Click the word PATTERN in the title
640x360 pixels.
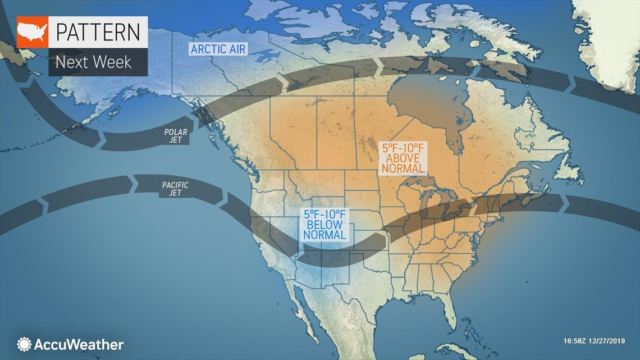97,33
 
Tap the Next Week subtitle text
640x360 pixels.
93,62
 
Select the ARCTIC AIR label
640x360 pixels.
218,49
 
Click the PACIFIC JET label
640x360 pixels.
175,189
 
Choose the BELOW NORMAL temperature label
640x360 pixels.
324,225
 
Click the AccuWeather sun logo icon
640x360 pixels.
24,344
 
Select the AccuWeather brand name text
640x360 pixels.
79,344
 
